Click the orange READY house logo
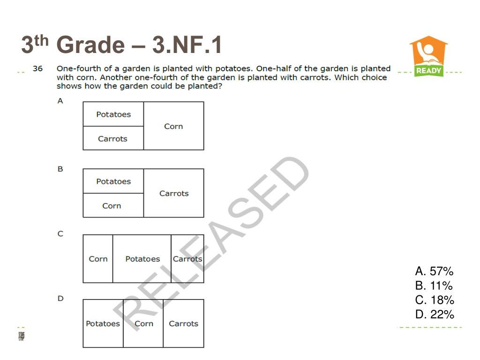pos(428,56)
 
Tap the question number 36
pos(37,68)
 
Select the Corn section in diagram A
pos(173,126)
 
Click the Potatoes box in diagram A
pos(113,114)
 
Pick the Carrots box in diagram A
pos(113,138)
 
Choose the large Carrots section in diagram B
pos(173,193)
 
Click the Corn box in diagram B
pos(113,205)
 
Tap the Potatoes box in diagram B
pos(113,181)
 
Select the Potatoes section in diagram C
pos(142,259)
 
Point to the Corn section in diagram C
pos(98,259)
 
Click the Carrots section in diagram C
pos(187,259)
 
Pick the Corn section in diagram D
pos(143,323)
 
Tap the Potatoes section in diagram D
pos(103,323)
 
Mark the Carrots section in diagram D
pos(184,323)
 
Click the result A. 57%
pos(434,271)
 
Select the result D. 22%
pos(435,315)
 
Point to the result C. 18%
pos(435,300)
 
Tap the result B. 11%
pos(434,285)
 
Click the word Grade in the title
pos(90,45)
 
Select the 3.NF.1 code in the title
pos(187,45)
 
